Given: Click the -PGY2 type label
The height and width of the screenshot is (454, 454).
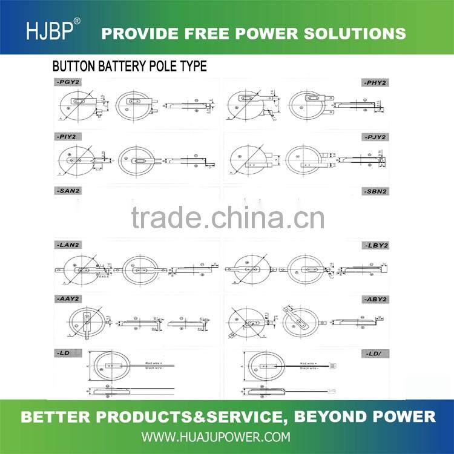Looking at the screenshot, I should coord(67,81).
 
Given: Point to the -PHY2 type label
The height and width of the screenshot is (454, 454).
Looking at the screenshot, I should coord(375,82).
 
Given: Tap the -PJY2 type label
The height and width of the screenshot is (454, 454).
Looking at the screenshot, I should coord(375,137).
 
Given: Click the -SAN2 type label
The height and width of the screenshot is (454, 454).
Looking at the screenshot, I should coord(67,191).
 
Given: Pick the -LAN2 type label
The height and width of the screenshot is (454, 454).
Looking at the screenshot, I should coord(67,245).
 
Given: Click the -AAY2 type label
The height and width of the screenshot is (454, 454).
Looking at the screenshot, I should coord(67,299).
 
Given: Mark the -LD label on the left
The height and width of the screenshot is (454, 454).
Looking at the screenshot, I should coord(63,353).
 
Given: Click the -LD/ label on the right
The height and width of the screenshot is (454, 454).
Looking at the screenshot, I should coord(377,353).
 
